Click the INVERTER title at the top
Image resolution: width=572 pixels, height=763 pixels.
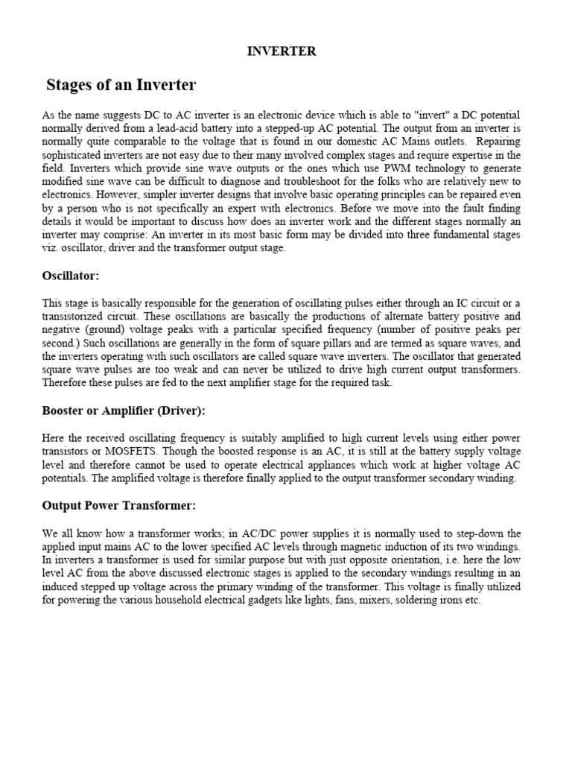pos(282,51)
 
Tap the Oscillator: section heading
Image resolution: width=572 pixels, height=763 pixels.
pos(71,276)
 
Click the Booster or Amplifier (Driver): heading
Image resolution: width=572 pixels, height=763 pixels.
pos(124,411)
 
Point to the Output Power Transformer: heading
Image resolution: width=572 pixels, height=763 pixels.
pos(119,506)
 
